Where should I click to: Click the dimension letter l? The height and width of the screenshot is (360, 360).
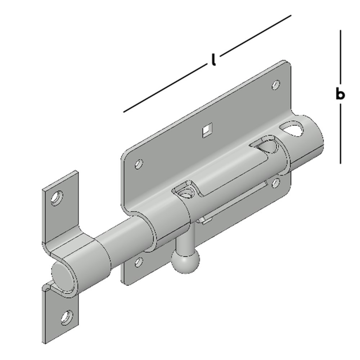tap(213, 60)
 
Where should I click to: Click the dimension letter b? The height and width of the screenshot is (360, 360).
tap(340, 94)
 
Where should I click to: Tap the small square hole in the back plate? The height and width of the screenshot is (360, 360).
tap(207, 130)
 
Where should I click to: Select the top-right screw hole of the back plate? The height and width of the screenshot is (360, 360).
tap(276, 85)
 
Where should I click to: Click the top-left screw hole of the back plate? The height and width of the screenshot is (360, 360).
tap(138, 165)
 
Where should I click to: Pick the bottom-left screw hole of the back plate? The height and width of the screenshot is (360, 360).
tap(139, 262)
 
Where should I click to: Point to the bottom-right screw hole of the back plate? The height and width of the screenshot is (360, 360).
tap(275, 183)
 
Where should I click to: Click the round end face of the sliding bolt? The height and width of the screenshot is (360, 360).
tap(62, 276)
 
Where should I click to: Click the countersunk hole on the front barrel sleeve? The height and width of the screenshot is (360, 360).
tap(185, 192)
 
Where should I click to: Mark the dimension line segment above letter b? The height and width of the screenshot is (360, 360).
tap(340, 58)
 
